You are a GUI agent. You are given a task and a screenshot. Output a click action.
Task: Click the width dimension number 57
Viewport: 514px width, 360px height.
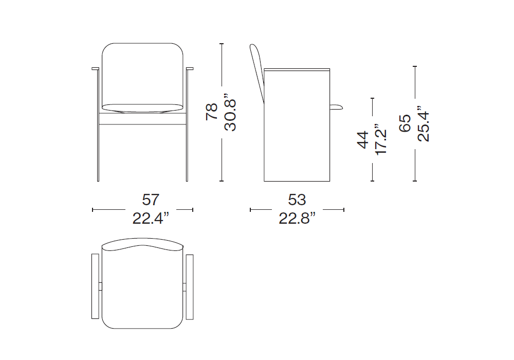pyautogui.click(x=151, y=200)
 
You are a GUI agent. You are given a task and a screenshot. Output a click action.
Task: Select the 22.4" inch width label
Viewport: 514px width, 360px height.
pyautogui.click(x=151, y=218)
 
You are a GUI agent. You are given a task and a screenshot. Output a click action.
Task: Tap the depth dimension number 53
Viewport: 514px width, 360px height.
pyautogui.click(x=297, y=200)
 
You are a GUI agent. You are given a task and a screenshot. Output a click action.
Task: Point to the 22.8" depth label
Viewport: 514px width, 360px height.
pyautogui.click(x=297, y=218)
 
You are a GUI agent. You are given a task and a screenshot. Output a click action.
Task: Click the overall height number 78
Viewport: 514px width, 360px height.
pyautogui.click(x=212, y=112)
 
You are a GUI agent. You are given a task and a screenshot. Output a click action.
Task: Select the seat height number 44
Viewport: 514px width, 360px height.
pyautogui.click(x=362, y=140)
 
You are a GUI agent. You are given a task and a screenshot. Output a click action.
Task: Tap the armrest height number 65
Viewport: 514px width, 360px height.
pyautogui.click(x=405, y=123)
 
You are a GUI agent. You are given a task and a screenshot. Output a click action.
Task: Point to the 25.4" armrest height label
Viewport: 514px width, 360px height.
pyautogui.click(x=424, y=123)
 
